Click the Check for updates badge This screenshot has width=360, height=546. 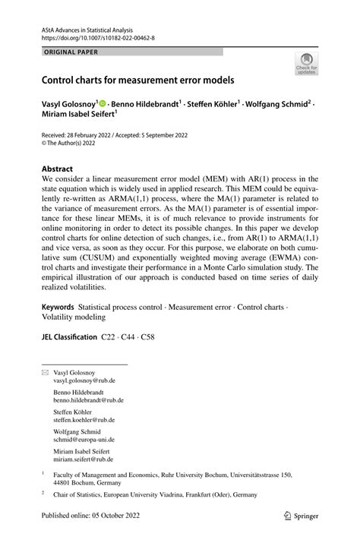click(x=307, y=64)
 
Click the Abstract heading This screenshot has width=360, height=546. click(x=58, y=169)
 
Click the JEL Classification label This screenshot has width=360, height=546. click(x=68, y=358)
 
